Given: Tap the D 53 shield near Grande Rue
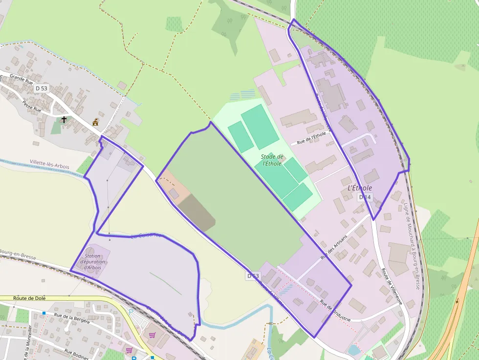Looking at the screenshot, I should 42,88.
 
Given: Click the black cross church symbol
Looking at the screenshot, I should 64,119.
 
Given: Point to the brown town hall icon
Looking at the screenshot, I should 96,122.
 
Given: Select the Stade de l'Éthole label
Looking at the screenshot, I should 272,160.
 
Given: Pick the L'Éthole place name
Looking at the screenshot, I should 360,188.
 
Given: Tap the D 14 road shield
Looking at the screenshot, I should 365,197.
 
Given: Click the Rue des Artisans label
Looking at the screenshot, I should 334,247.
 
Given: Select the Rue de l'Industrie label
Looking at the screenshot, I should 335,312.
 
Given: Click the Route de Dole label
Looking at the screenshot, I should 27,298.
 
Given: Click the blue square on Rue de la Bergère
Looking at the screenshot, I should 44,313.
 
